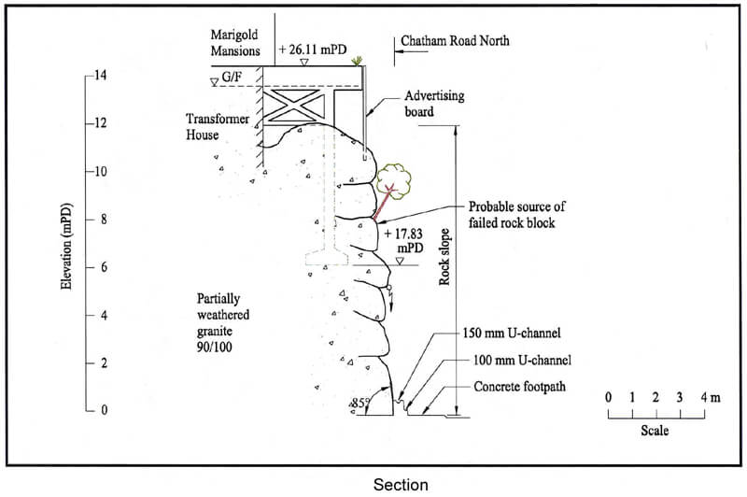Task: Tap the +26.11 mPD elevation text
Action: coord(312,50)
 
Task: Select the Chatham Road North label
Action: coord(455,42)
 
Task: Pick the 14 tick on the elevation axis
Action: coord(99,75)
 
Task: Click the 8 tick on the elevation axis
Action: coord(100,220)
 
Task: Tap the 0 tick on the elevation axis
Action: coord(100,410)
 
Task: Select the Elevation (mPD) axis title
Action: coord(66,242)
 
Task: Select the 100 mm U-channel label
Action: coord(522,360)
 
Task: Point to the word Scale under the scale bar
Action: coord(655,431)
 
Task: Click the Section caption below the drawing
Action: coord(401,484)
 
